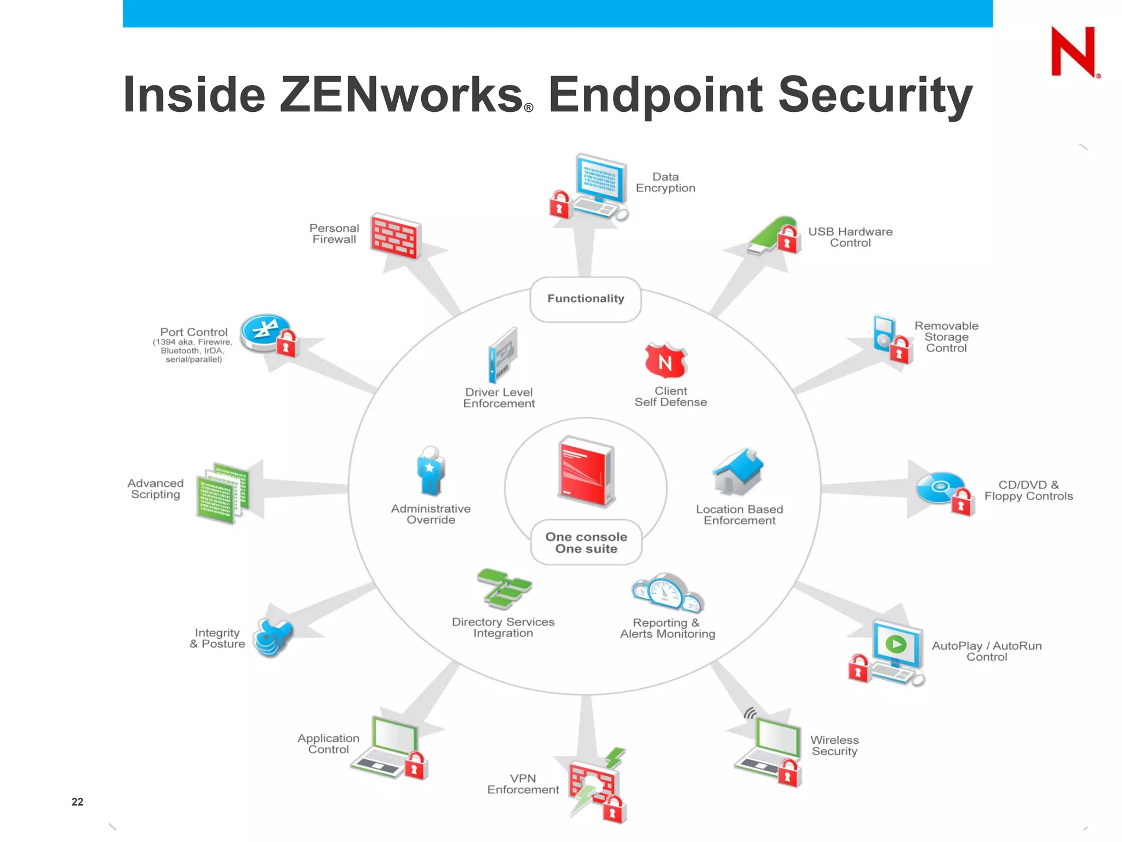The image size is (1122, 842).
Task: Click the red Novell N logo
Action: pos(1073,52)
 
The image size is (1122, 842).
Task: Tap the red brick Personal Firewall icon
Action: pos(394,236)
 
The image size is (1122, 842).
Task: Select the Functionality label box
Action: pos(585,299)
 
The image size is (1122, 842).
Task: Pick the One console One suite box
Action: pos(586,543)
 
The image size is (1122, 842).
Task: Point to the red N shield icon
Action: pos(665,361)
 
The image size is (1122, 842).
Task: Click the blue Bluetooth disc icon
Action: pos(265,331)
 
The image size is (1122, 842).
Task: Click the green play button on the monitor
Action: pos(896,644)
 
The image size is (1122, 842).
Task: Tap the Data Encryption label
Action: pos(665,183)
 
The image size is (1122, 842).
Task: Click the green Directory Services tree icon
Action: pos(503,588)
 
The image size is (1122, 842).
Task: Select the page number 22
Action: pos(77,802)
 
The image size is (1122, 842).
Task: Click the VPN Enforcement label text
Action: pos(523,784)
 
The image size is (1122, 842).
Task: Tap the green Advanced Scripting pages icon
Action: pos(222,492)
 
